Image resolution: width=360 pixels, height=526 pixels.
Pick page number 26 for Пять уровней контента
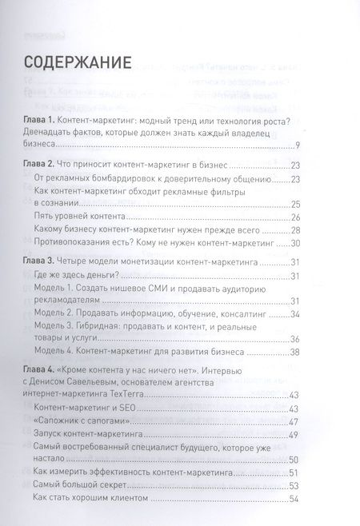(x=294, y=217)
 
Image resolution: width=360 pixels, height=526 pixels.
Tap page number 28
(x=294, y=230)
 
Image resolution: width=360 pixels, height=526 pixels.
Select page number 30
(x=294, y=243)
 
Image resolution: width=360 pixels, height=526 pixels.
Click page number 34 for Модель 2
(x=294, y=314)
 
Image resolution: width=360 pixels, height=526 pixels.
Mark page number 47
(x=294, y=421)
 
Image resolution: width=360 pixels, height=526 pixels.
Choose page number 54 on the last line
(x=294, y=499)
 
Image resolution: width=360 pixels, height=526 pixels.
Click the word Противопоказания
(x=86, y=243)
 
